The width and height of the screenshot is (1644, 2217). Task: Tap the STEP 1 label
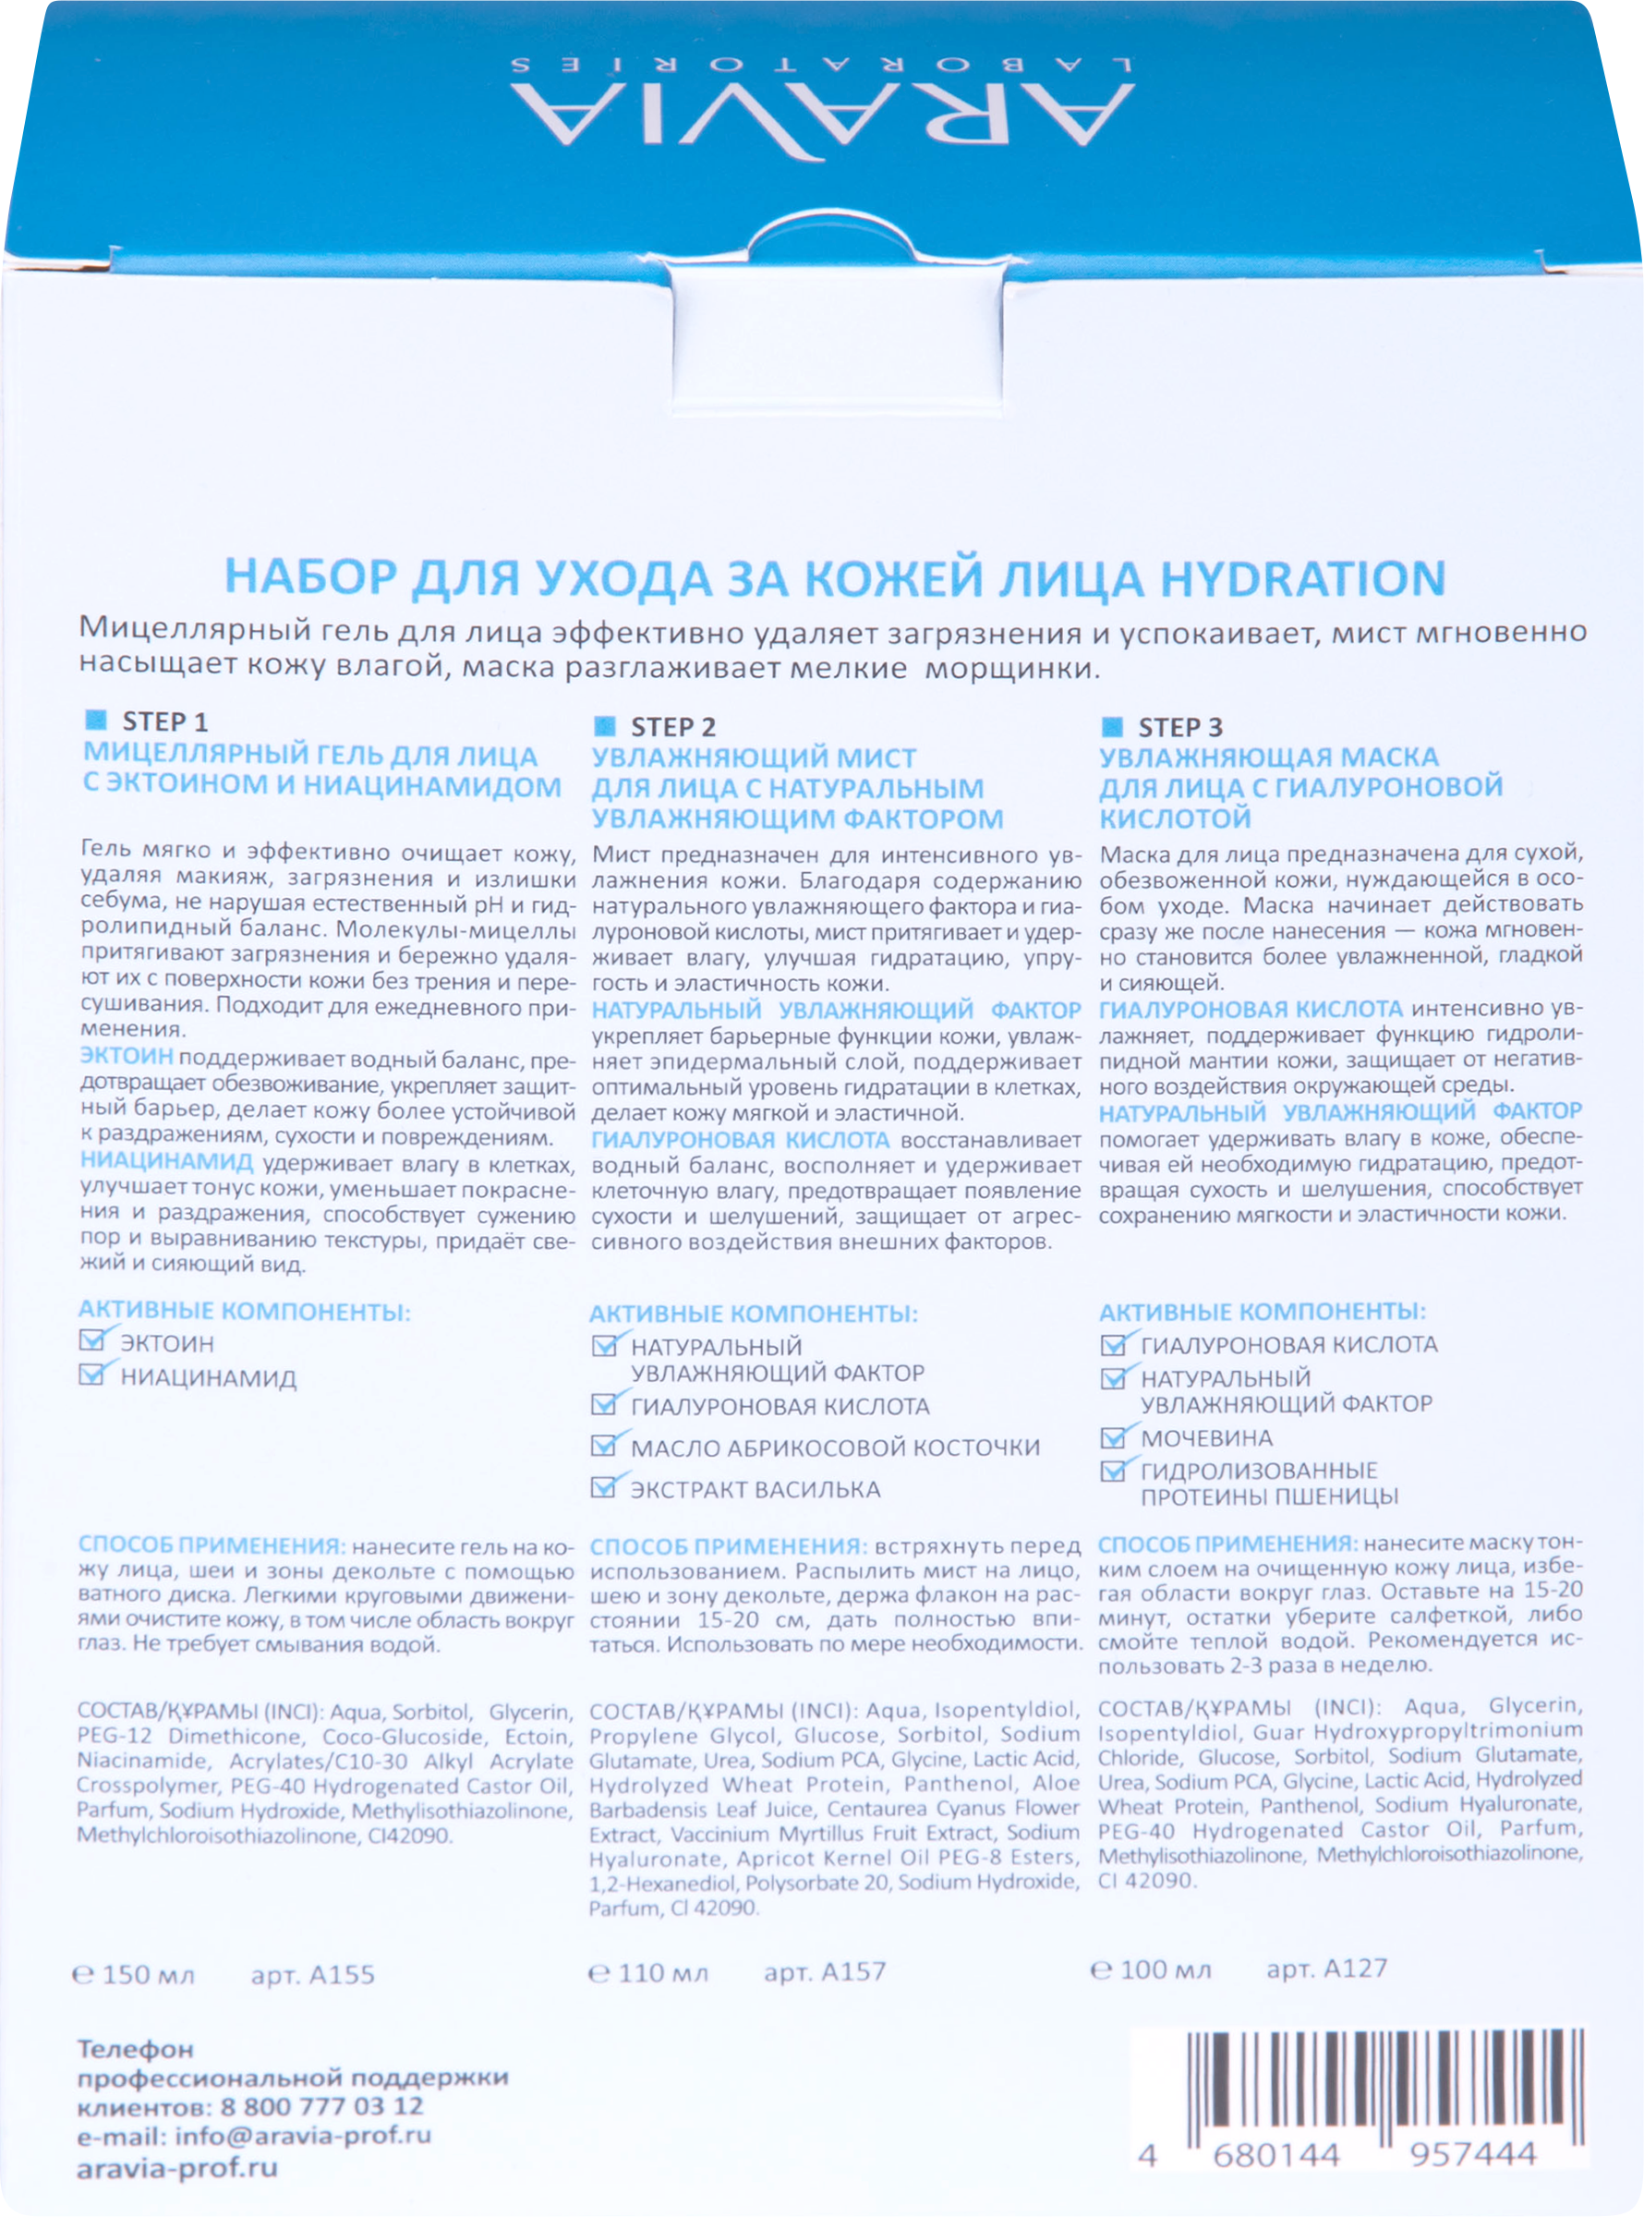(164, 721)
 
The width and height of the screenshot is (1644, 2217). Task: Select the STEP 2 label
(672, 726)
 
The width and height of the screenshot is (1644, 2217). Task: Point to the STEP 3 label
(1180, 727)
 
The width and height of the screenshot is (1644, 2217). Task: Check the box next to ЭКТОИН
(92, 1341)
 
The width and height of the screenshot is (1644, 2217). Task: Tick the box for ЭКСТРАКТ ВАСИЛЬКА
(603, 1487)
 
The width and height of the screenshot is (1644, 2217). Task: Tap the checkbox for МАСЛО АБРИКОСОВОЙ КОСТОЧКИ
(603, 1445)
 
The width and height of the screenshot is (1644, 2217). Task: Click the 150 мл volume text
(137, 1974)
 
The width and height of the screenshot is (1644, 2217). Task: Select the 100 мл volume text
(1153, 1969)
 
